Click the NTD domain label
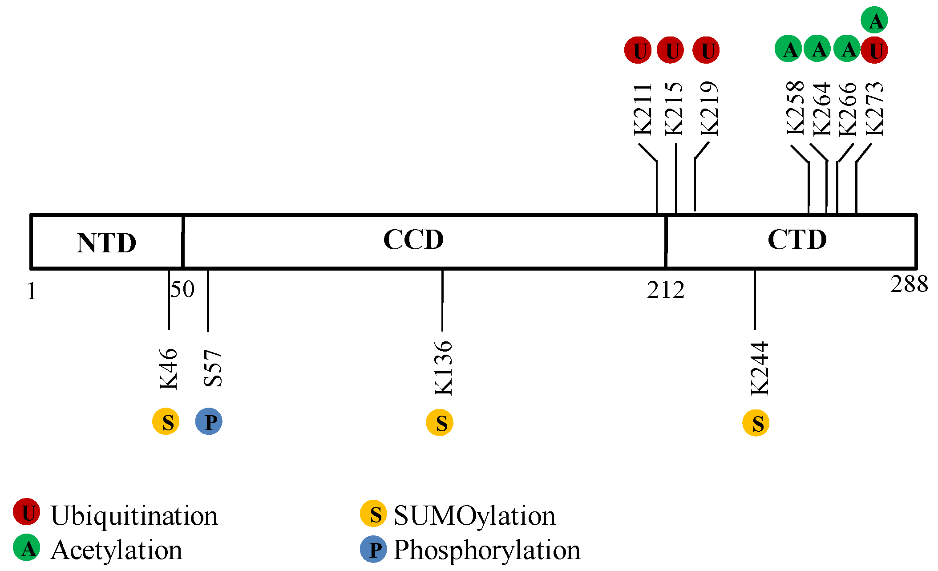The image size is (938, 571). click(106, 243)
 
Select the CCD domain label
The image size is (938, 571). click(413, 240)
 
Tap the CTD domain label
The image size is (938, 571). click(797, 240)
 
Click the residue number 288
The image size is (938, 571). click(909, 284)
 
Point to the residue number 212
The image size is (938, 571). click(666, 290)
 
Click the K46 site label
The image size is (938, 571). click(169, 369)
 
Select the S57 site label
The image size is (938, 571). click(213, 368)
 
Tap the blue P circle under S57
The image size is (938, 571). click(209, 421)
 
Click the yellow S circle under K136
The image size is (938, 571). click(440, 422)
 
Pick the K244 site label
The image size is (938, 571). click(760, 369)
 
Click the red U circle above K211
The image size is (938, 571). click(638, 50)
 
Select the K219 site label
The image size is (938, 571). click(709, 109)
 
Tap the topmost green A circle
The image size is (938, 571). click(874, 20)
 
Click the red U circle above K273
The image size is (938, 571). click(874, 50)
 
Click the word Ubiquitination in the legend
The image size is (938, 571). click(134, 516)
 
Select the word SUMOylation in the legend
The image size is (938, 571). click(474, 516)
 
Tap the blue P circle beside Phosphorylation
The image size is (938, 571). click(373, 550)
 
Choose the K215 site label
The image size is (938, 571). click(674, 109)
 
